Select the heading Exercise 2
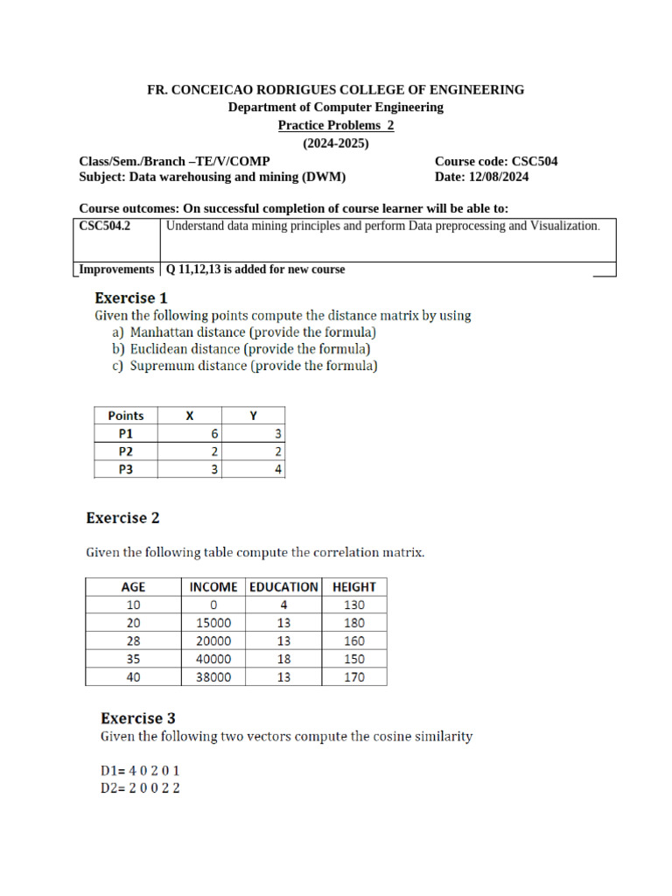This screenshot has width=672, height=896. pyautogui.click(x=122, y=518)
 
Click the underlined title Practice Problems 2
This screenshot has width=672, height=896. pyautogui.click(x=336, y=125)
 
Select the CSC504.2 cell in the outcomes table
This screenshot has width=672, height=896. pyautogui.click(x=105, y=226)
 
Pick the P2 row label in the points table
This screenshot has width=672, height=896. pyautogui.click(x=127, y=451)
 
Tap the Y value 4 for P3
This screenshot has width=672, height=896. pyautogui.click(x=277, y=470)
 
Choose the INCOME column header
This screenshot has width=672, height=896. pyautogui.click(x=213, y=586)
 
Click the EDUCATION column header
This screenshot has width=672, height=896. pyautogui.click(x=283, y=586)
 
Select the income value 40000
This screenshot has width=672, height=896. pyautogui.click(x=213, y=659)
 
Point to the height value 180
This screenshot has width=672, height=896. pyautogui.click(x=353, y=623)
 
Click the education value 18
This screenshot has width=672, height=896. pyautogui.click(x=283, y=659)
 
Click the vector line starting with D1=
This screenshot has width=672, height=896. pyautogui.click(x=140, y=772)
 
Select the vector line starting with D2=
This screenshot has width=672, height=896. pyautogui.click(x=140, y=788)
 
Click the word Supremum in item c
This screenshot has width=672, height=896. pyautogui.click(x=161, y=366)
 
